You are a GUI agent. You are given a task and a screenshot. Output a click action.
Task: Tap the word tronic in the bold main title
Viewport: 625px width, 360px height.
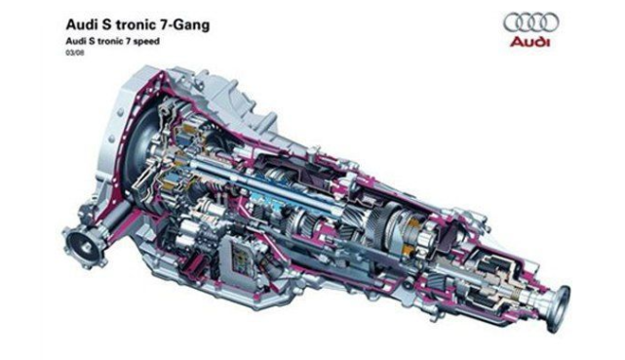point(135,24)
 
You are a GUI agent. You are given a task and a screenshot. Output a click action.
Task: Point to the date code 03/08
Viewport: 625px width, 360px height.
point(75,53)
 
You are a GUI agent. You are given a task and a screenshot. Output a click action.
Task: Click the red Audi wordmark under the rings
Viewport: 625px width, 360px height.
point(529,42)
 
